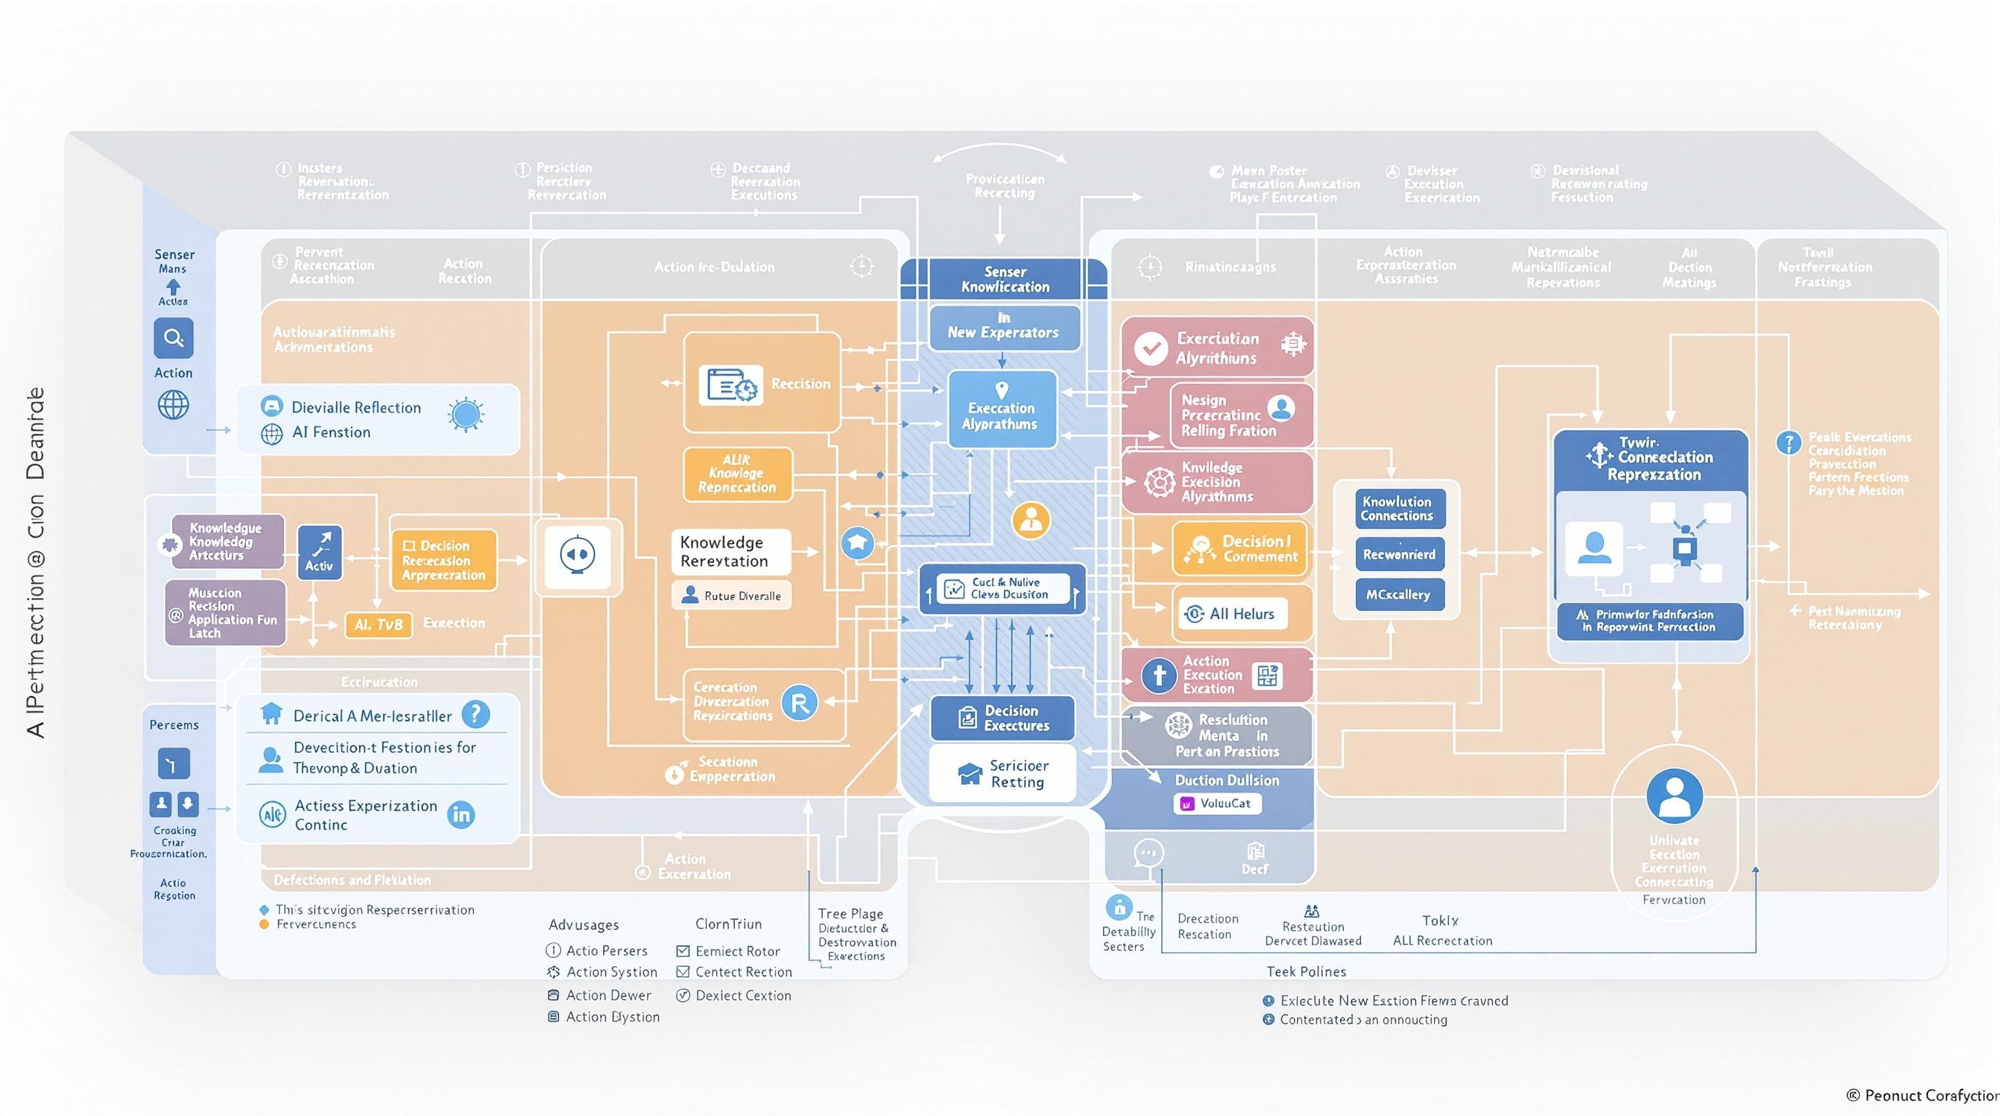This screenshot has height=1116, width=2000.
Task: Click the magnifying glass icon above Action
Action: [x=173, y=339]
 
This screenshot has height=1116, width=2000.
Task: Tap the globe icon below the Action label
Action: [x=173, y=405]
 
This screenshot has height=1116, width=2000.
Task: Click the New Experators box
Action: [x=1004, y=326]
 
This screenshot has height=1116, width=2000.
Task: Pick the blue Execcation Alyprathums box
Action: [x=1001, y=409]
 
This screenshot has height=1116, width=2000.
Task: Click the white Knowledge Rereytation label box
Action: [x=730, y=551]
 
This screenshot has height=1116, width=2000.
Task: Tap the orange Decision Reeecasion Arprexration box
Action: [x=443, y=559]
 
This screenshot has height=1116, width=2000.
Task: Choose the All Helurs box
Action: [x=1231, y=614]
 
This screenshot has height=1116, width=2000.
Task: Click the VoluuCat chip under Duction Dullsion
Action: [x=1217, y=804]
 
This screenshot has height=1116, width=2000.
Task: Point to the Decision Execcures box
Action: [x=1002, y=718]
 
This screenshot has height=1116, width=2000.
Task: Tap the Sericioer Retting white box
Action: [x=1002, y=774]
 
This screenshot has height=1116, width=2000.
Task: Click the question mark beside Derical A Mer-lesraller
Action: [x=475, y=714]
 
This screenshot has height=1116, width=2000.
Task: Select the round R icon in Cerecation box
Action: [x=799, y=703]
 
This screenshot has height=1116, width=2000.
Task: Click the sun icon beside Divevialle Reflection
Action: [x=466, y=414]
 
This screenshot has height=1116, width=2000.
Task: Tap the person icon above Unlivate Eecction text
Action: [x=1674, y=796]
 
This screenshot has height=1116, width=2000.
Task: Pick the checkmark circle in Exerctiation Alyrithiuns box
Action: [x=1150, y=348]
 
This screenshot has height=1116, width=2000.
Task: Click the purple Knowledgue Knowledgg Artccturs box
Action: [x=227, y=542]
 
